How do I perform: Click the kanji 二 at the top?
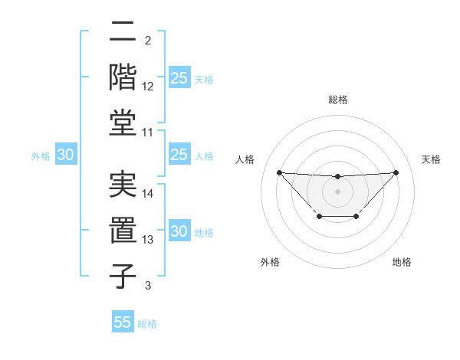tap(123, 32)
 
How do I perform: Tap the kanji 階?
tap(123, 77)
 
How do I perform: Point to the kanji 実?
tap(123, 185)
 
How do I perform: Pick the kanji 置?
tap(123, 229)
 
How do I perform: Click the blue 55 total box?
tap(123, 322)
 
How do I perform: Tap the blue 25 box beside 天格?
tap(179, 78)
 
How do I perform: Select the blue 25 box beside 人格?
tap(179, 155)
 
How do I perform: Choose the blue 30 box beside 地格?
tap(179, 231)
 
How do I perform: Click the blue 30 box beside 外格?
tap(65, 155)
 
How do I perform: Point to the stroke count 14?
tap(148, 194)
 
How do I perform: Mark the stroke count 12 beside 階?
tap(148, 86)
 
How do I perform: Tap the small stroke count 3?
tap(147, 286)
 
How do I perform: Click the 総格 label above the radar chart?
tap(337, 100)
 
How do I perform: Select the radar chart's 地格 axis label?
tap(402, 262)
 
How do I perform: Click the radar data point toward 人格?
tap(279, 172)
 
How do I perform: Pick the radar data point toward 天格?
tap(396, 172)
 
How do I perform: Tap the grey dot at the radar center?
tap(337, 191)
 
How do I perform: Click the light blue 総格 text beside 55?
tap(147, 324)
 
